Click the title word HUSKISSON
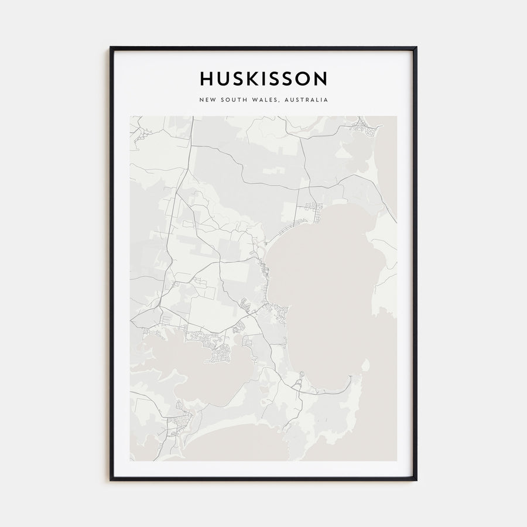tap(263, 78)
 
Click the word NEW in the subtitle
tap(207, 100)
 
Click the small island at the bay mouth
tap(365, 366)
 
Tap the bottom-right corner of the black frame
tap(416, 480)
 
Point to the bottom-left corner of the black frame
tap(111, 480)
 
